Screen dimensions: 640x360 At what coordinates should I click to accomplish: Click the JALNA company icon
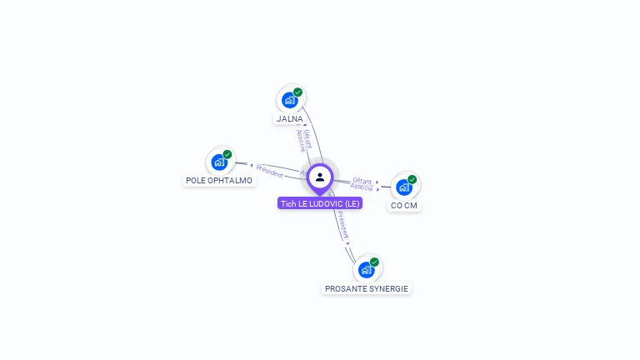point(290,100)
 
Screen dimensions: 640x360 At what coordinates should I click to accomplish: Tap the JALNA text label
point(290,119)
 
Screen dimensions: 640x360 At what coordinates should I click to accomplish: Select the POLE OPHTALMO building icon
point(220,162)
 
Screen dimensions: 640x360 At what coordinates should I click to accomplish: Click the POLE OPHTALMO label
point(219,180)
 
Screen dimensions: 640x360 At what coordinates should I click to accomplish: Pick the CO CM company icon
point(404,187)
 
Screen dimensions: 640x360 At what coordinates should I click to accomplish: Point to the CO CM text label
point(404,206)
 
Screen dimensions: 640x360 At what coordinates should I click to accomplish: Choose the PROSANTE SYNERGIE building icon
point(366,269)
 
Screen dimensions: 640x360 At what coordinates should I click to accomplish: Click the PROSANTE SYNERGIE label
point(367,288)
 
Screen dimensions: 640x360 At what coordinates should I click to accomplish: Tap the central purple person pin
point(320,177)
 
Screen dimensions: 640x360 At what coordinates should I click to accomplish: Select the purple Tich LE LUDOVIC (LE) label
point(320,203)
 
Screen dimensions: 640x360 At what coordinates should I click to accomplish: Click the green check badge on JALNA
point(297,92)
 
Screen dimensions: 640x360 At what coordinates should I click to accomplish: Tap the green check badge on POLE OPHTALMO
point(227,154)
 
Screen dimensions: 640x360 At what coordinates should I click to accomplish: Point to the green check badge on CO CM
point(412,179)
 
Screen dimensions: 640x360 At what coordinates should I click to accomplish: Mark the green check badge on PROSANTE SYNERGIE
point(374,262)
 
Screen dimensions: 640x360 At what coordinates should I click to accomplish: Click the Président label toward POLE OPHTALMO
point(270,171)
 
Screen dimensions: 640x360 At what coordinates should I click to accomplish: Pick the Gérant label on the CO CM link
point(362,180)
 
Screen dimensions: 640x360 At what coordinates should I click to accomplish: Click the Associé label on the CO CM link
point(362,187)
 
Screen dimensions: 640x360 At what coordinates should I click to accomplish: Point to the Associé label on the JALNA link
point(301,140)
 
